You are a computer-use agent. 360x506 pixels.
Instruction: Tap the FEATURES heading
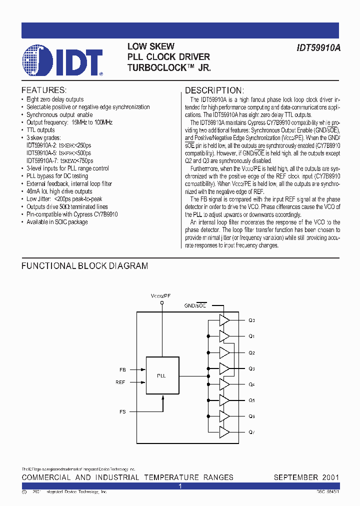[44, 90]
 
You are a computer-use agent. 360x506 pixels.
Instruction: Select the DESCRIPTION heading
[214, 90]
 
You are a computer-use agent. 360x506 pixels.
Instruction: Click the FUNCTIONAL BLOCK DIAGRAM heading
[84, 266]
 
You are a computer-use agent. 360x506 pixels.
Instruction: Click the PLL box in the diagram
[161, 375]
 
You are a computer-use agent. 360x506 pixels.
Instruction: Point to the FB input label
[122, 370]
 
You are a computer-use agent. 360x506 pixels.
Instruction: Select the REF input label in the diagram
[121, 382]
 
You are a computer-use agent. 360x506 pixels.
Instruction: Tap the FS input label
[122, 411]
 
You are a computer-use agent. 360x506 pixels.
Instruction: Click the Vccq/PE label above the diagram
[161, 295]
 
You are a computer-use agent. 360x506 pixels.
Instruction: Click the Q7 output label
[252, 432]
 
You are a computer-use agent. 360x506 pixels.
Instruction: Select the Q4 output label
[252, 384]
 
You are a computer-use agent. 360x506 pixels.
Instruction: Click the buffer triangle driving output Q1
[224, 336]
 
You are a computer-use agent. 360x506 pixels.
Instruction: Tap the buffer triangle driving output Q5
[224, 400]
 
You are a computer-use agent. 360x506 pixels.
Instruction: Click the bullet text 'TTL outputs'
[40, 130]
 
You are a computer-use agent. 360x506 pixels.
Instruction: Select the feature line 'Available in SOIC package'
[57, 222]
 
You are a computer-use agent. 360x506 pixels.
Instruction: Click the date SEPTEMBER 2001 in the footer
[306, 477]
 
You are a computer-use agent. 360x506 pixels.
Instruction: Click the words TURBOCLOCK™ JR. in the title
[169, 67]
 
